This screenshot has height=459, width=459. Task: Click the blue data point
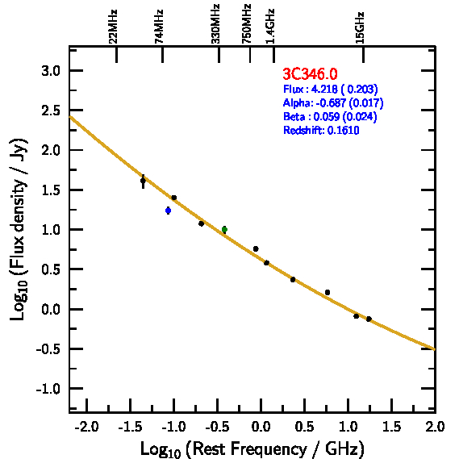168,211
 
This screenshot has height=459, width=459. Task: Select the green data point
224,229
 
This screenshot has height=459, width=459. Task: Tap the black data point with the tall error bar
143,182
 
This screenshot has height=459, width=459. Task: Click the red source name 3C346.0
310,73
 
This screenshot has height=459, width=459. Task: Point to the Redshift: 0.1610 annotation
321,130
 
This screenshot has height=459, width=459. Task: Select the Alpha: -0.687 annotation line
333,102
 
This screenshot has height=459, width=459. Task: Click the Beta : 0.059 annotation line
330,116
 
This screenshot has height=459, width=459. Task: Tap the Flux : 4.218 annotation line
331,89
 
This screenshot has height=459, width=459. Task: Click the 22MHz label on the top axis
113,27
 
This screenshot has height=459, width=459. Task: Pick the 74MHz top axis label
159,27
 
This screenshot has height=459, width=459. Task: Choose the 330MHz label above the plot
215,24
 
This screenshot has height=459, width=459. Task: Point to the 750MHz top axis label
247,24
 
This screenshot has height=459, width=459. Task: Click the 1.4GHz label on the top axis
270,27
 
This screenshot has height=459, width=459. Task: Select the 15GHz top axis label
360,27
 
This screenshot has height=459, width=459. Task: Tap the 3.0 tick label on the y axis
51,71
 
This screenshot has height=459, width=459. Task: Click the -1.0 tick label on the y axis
48,389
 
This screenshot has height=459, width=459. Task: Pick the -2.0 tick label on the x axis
86,427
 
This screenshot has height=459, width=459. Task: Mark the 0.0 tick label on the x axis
261,427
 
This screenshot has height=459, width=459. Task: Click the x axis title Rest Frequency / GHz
252,449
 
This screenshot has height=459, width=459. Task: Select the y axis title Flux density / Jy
19,229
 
